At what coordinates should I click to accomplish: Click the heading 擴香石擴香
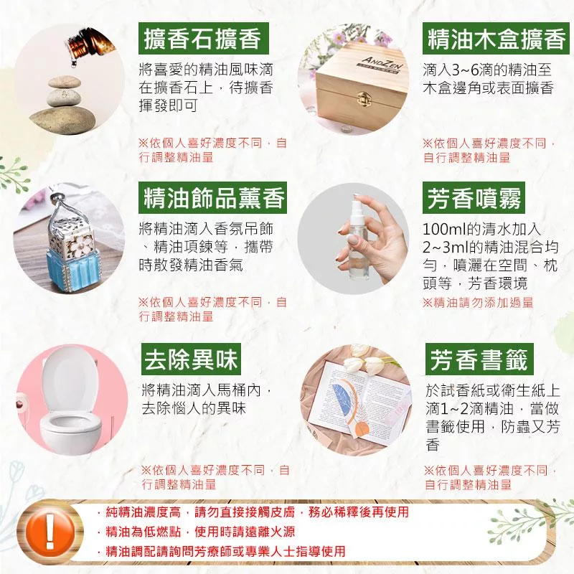tap(203, 39)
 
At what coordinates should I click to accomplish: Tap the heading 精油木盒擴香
tap(496, 39)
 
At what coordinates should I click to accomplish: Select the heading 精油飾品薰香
tap(212, 198)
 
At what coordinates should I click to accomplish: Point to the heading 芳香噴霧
tap(474, 198)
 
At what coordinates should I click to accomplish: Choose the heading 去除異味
tap(191, 359)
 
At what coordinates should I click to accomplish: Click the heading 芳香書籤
tap(479, 359)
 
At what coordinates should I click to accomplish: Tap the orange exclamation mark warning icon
tap(50, 531)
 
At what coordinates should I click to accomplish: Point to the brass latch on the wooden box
tap(363, 96)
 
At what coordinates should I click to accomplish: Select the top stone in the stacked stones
tap(64, 82)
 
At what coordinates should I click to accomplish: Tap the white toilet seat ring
tap(70, 425)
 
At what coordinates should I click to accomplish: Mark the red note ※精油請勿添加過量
tap(478, 303)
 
